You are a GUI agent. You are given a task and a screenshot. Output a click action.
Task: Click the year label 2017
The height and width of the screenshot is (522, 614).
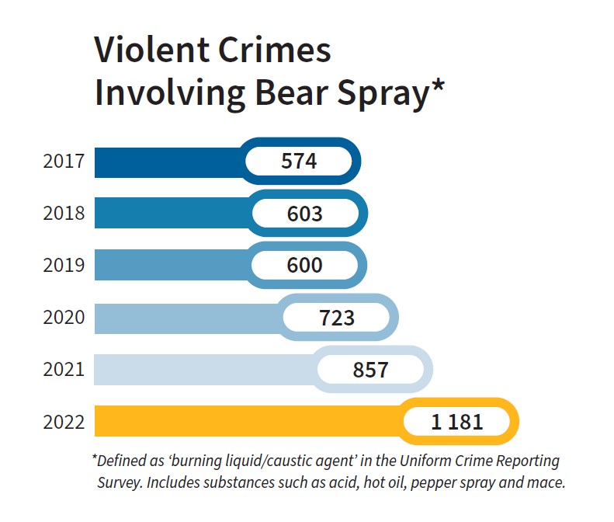64,162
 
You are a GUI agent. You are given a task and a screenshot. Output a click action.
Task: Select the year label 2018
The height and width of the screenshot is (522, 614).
64,214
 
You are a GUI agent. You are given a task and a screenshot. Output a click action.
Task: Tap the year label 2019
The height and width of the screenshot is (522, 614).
64,266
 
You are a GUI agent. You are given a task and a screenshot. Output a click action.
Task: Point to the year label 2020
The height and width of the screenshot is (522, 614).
64,318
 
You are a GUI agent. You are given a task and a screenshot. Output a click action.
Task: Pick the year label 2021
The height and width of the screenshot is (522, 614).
64,370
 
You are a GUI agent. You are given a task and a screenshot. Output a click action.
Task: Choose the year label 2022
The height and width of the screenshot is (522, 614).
64,423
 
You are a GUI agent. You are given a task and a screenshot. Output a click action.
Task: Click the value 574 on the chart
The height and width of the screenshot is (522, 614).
299,162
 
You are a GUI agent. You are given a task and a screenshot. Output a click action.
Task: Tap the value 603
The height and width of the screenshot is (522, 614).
304,214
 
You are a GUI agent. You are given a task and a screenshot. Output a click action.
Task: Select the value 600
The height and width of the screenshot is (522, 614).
304,266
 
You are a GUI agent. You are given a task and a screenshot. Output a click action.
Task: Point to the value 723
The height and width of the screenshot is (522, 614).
337,318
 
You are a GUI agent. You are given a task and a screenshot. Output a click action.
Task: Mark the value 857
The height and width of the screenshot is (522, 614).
370,370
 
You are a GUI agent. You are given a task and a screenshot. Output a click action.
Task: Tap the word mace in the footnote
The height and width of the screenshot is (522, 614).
547,482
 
